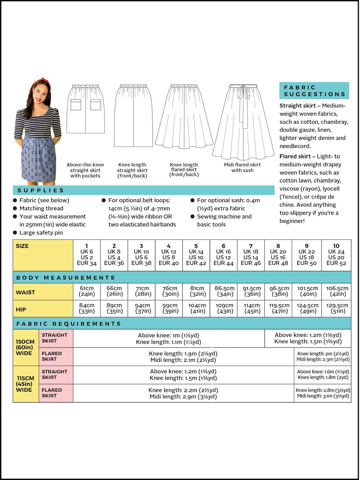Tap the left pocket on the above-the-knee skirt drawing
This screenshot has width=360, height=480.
pos(76,105)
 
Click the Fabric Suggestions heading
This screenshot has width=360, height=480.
pos(314,90)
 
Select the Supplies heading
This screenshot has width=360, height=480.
pos(41,190)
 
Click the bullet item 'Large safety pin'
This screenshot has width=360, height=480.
pos(41,233)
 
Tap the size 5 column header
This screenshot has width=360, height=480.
pos(196,254)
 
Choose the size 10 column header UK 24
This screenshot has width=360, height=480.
pos(336,254)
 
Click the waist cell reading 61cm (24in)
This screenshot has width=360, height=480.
pos(86,291)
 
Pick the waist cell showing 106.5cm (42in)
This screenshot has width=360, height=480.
pos(337,291)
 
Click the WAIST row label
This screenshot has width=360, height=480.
pos(26,292)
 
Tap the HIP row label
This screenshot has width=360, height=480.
pos(21,309)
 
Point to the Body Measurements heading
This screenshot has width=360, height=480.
pos(66,277)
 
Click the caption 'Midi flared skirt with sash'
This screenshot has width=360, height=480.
pos(242,168)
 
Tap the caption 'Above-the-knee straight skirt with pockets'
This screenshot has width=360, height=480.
pos(85,170)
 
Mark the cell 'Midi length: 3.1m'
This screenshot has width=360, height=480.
pos(323,396)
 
